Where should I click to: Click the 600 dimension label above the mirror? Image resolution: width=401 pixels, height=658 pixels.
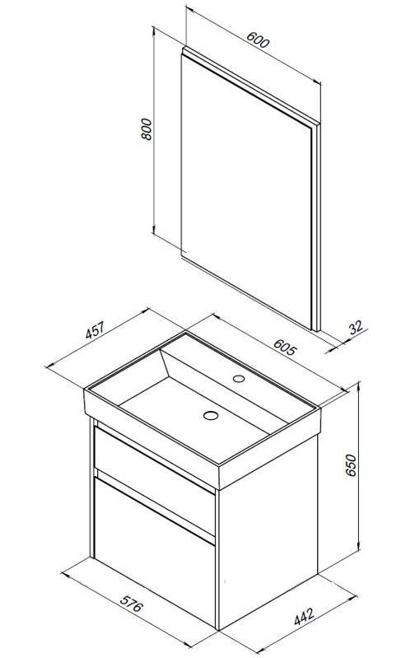[x=258, y=40]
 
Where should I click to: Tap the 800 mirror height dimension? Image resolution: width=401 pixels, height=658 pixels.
[x=146, y=128]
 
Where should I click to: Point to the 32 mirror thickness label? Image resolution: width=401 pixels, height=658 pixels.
[x=356, y=327]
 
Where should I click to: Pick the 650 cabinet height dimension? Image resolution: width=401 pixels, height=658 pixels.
[x=350, y=465]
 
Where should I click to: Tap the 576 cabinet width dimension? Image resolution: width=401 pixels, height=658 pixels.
[x=132, y=603]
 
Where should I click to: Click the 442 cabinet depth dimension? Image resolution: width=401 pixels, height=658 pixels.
[x=304, y=616]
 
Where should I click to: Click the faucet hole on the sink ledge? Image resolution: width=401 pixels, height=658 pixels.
[x=239, y=379]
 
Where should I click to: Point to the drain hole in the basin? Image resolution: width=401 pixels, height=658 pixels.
[x=211, y=415]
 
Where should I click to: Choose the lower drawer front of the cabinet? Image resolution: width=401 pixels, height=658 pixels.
[x=154, y=550]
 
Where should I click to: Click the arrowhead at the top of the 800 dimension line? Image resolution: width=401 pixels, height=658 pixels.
[x=154, y=30]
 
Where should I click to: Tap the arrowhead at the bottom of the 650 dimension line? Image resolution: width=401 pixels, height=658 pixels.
[x=359, y=545]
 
